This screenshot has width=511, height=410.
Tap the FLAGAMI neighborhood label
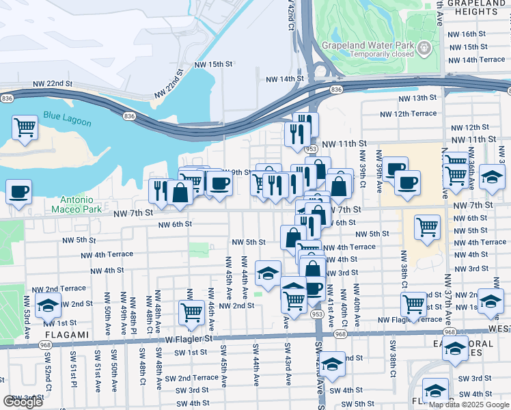68,335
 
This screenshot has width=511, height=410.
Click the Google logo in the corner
23,402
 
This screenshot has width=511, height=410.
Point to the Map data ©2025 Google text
468,405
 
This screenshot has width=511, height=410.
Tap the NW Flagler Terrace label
411,319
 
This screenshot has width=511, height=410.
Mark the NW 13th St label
418,98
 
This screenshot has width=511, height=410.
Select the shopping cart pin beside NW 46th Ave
191,312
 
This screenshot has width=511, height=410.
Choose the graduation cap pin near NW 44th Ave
268,273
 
